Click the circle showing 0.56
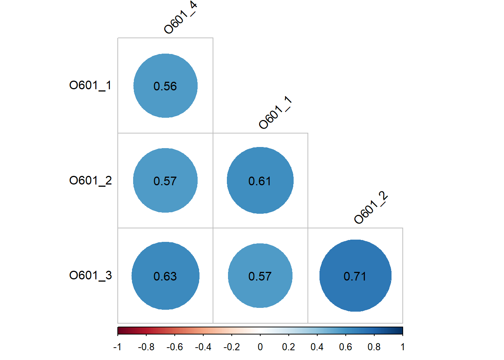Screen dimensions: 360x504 click(x=165, y=85)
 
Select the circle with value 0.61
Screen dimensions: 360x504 click(x=260, y=180)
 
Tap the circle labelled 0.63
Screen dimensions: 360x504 click(x=165, y=276)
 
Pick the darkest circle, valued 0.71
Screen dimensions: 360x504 click(x=355, y=276)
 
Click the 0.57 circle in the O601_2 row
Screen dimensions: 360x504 click(x=165, y=180)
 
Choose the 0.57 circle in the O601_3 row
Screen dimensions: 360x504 click(x=260, y=276)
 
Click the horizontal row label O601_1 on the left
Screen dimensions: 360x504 click(x=90, y=85)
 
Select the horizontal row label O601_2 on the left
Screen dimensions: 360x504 click(x=90, y=181)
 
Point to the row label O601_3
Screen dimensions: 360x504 click(x=90, y=276)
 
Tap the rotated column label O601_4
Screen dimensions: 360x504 click(x=180, y=18)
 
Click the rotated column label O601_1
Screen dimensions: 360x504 click(x=275, y=112)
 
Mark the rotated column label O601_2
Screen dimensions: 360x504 click(x=370, y=208)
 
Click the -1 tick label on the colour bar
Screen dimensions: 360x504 click(x=117, y=347)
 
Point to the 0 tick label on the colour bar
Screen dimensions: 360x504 click(x=260, y=347)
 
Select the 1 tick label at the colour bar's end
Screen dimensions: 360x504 click(x=402, y=347)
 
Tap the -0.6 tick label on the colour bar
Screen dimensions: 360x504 click(x=174, y=347)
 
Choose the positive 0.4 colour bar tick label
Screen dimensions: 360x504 click(x=317, y=347)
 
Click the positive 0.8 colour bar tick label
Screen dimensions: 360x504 click(x=374, y=347)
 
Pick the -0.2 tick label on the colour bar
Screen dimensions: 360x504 click(x=231, y=347)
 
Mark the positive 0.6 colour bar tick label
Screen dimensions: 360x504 click(x=345, y=347)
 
